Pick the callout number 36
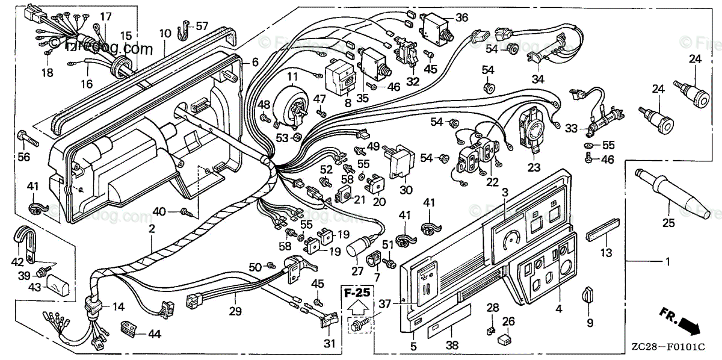tap(461, 17)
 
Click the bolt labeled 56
tap(28, 138)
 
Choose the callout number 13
tap(606, 252)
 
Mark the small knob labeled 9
tap(587, 296)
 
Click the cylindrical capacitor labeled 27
tap(360, 249)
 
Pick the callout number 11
tap(292, 76)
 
